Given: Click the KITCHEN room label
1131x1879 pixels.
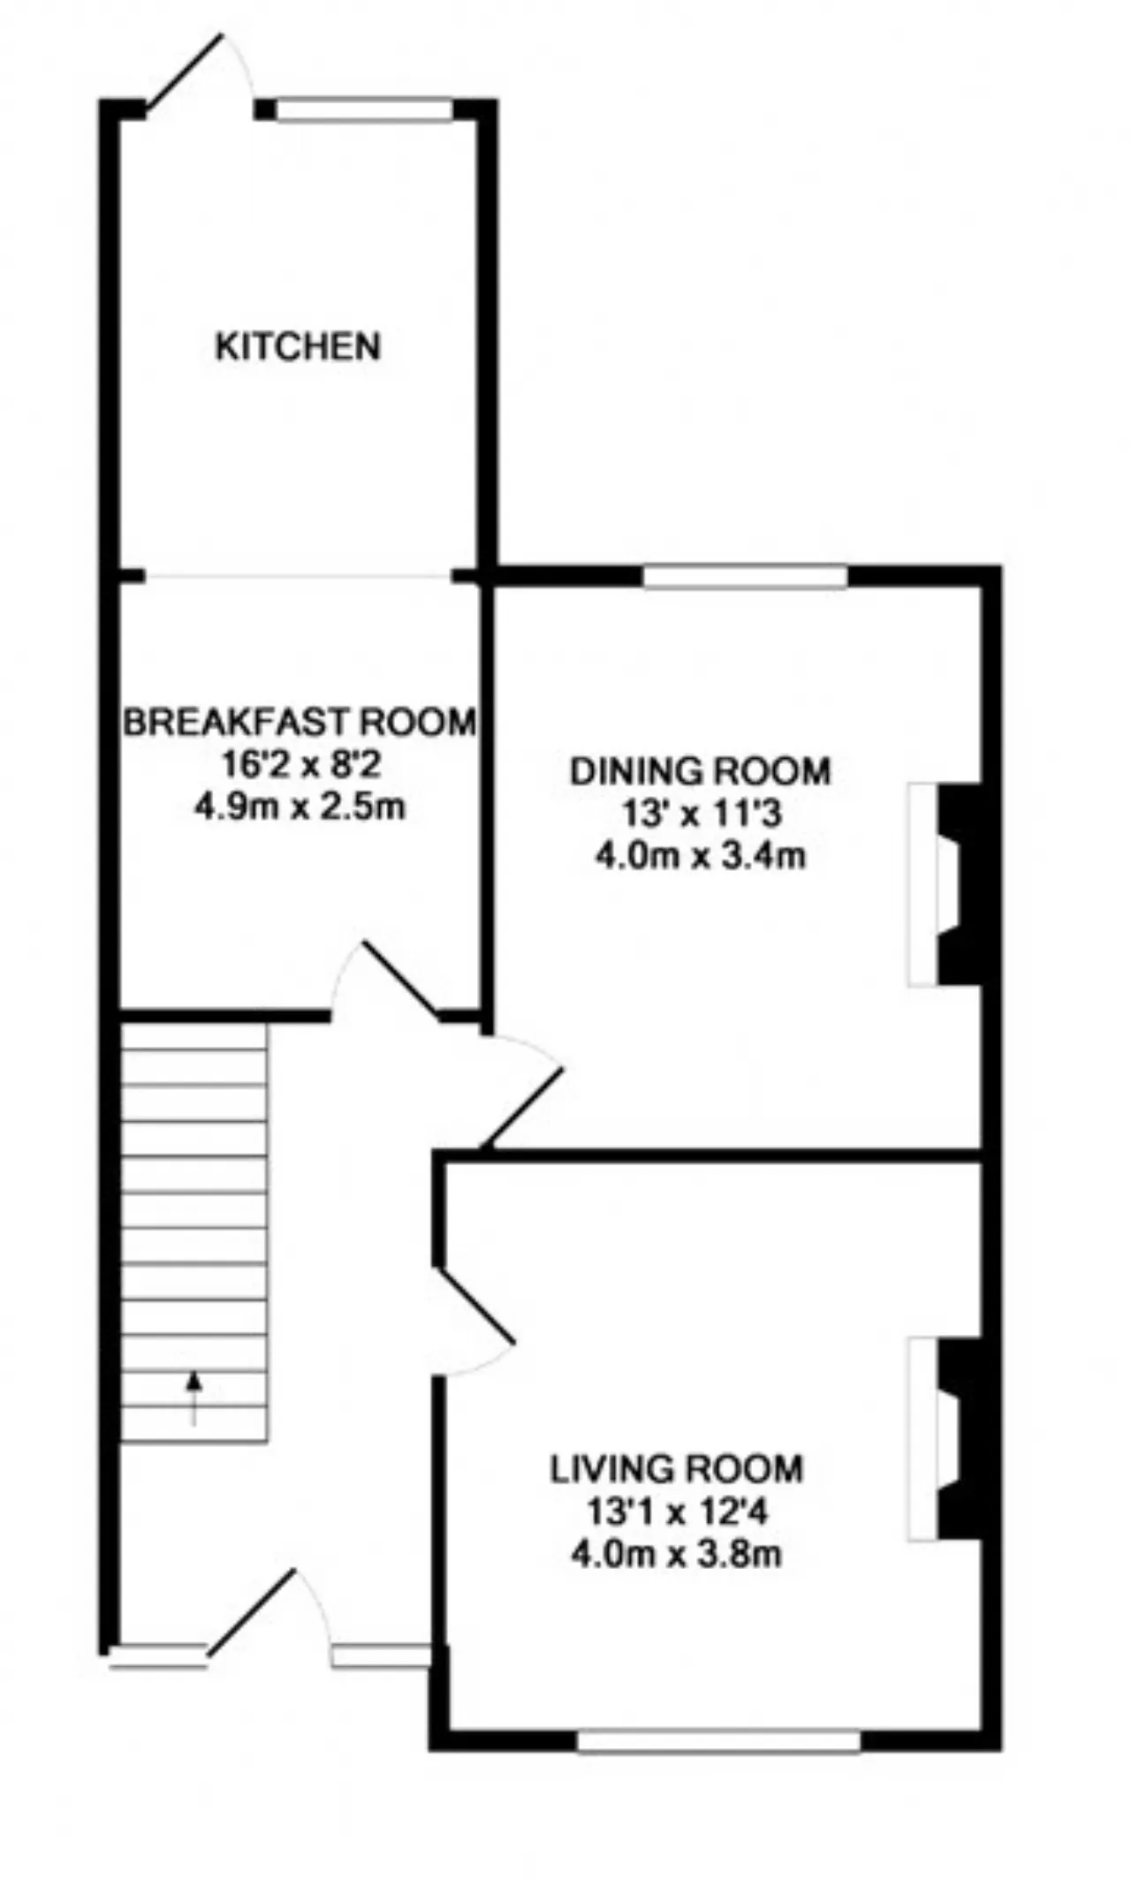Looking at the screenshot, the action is pos(298,346).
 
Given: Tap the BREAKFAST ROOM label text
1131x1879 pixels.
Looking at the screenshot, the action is pos(300,722).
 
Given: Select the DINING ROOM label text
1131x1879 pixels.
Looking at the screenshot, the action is pos(700,771).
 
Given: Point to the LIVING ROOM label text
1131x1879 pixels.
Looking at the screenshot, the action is pos(677,1469).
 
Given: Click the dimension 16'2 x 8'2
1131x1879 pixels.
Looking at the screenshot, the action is pos(300,764).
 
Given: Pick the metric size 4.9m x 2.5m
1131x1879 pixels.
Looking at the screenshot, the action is pos(300,807).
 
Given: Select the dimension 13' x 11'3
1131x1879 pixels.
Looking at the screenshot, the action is pos(702,814).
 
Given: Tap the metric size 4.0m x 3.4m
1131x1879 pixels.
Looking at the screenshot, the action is pos(700,856).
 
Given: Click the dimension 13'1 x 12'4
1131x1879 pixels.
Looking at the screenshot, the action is pos(678,1512).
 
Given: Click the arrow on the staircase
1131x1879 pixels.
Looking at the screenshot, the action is pos(194,1399).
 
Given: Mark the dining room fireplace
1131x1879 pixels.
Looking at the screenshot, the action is pos(945,883).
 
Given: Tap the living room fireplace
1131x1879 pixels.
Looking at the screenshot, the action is pos(945,1441).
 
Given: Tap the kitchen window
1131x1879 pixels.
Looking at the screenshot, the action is pos(364,110).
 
